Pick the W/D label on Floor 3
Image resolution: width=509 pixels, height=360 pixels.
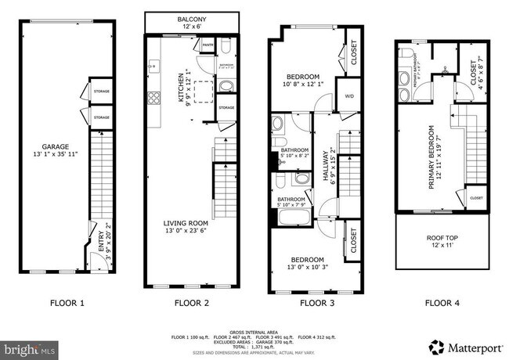(x=348, y=98)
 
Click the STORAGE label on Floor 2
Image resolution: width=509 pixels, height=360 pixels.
(x=226, y=107)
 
